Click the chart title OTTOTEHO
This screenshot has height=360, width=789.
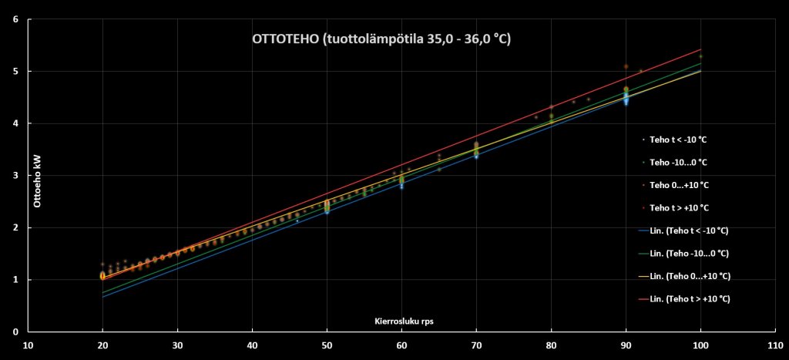coord(381,39)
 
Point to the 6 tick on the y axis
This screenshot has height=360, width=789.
coord(16,19)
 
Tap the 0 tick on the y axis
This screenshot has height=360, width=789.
coord(16,331)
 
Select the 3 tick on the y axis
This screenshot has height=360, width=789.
coord(16,175)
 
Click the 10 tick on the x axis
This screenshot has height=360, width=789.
coord(28,345)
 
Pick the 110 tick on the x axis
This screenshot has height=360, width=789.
coord(775,345)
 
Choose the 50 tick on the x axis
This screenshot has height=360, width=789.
coord(327,345)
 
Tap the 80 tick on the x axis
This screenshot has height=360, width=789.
coord(551,345)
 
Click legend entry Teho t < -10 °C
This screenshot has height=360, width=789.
coord(678,140)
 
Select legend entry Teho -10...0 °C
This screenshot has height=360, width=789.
coord(678,163)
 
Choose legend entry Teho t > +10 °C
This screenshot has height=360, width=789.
coord(678,208)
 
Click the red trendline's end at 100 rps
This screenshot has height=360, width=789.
coord(700,49)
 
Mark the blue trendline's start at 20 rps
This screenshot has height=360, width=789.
coord(102,297)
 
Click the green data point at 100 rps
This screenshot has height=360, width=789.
coord(700,56)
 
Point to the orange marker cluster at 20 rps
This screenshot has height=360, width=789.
coord(102,275)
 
